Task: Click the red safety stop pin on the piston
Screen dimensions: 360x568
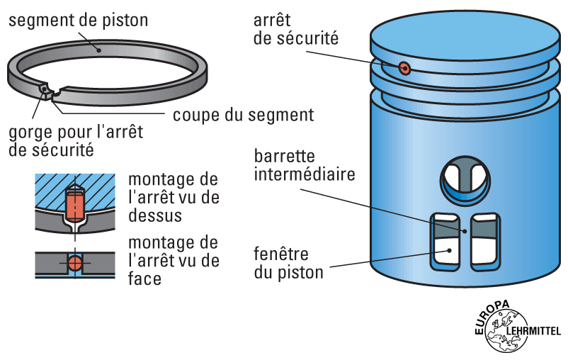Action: click(x=404, y=68)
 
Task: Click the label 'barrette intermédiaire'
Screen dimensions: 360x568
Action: click(x=295, y=164)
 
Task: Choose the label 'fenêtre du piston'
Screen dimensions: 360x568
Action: click(x=289, y=263)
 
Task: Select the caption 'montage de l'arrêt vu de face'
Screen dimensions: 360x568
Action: click(x=174, y=260)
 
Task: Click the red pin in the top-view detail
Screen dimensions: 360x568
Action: click(x=75, y=206)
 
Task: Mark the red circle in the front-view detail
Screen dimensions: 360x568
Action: click(x=75, y=264)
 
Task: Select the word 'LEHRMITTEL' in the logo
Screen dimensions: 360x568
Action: click(x=534, y=330)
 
